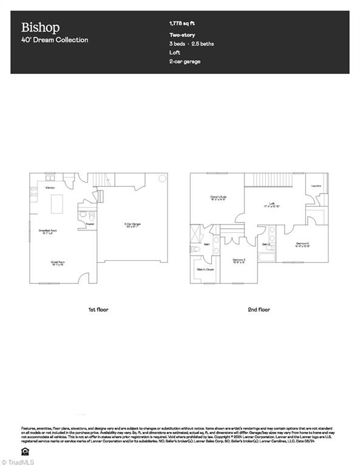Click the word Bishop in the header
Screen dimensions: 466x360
tap(40, 27)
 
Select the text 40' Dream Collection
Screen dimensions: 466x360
tap(55, 40)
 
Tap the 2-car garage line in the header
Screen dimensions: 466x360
tap(185, 61)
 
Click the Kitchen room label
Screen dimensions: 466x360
tap(50, 188)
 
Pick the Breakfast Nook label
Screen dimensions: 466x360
tap(48, 231)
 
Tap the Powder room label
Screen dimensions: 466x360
tap(90, 224)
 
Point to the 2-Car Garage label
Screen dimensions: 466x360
tap(132, 225)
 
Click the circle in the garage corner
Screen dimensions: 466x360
tap(162, 178)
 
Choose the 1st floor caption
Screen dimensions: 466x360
tap(98, 309)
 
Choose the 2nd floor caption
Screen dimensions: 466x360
tap(259, 309)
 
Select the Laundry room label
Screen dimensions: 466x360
tap(316, 186)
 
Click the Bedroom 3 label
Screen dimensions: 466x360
tap(239, 260)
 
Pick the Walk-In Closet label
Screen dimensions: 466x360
tap(205, 269)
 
